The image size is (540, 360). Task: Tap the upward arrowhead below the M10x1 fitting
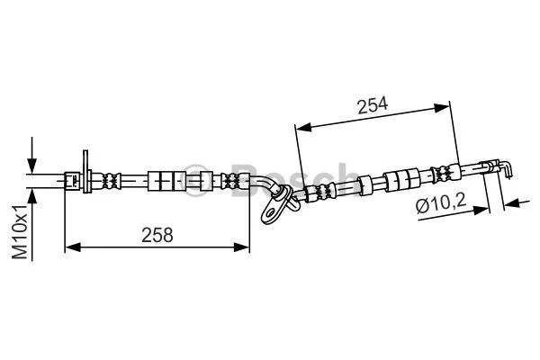pos(33,193)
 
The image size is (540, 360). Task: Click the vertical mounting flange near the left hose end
pos(85,173)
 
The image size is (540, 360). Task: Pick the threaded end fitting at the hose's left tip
pos(70,179)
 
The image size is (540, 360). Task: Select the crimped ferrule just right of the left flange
pos(111,179)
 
